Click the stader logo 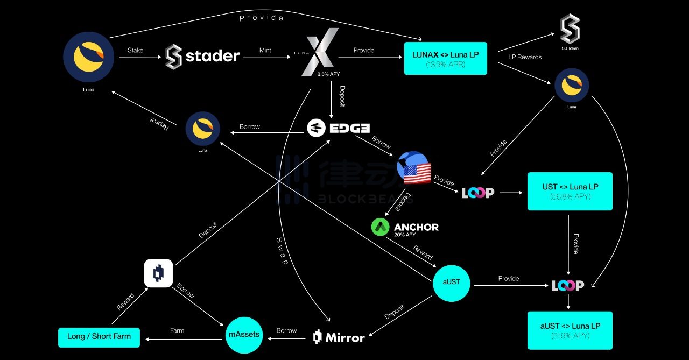pos(202,55)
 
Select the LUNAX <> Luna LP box pos(445,58)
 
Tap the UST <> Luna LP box pos(570,191)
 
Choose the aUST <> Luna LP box pos(570,330)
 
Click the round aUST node pos(451,283)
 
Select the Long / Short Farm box pos(99,337)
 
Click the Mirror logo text pos(339,337)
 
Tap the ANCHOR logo pos(405,228)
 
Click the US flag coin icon pos(414,168)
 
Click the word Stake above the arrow pos(136,50)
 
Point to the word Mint pos(265,50)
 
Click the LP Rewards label pos(525,57)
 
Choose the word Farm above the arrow pos(177,330)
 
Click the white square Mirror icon pos(158,273)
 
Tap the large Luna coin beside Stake pos(88,57)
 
